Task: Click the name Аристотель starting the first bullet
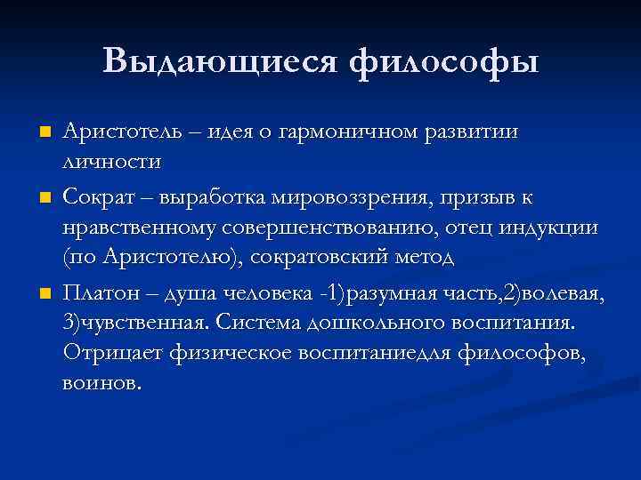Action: [125, 132]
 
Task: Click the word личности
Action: [111, 163]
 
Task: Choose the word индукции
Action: [548, 227]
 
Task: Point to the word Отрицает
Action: [112, 354]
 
